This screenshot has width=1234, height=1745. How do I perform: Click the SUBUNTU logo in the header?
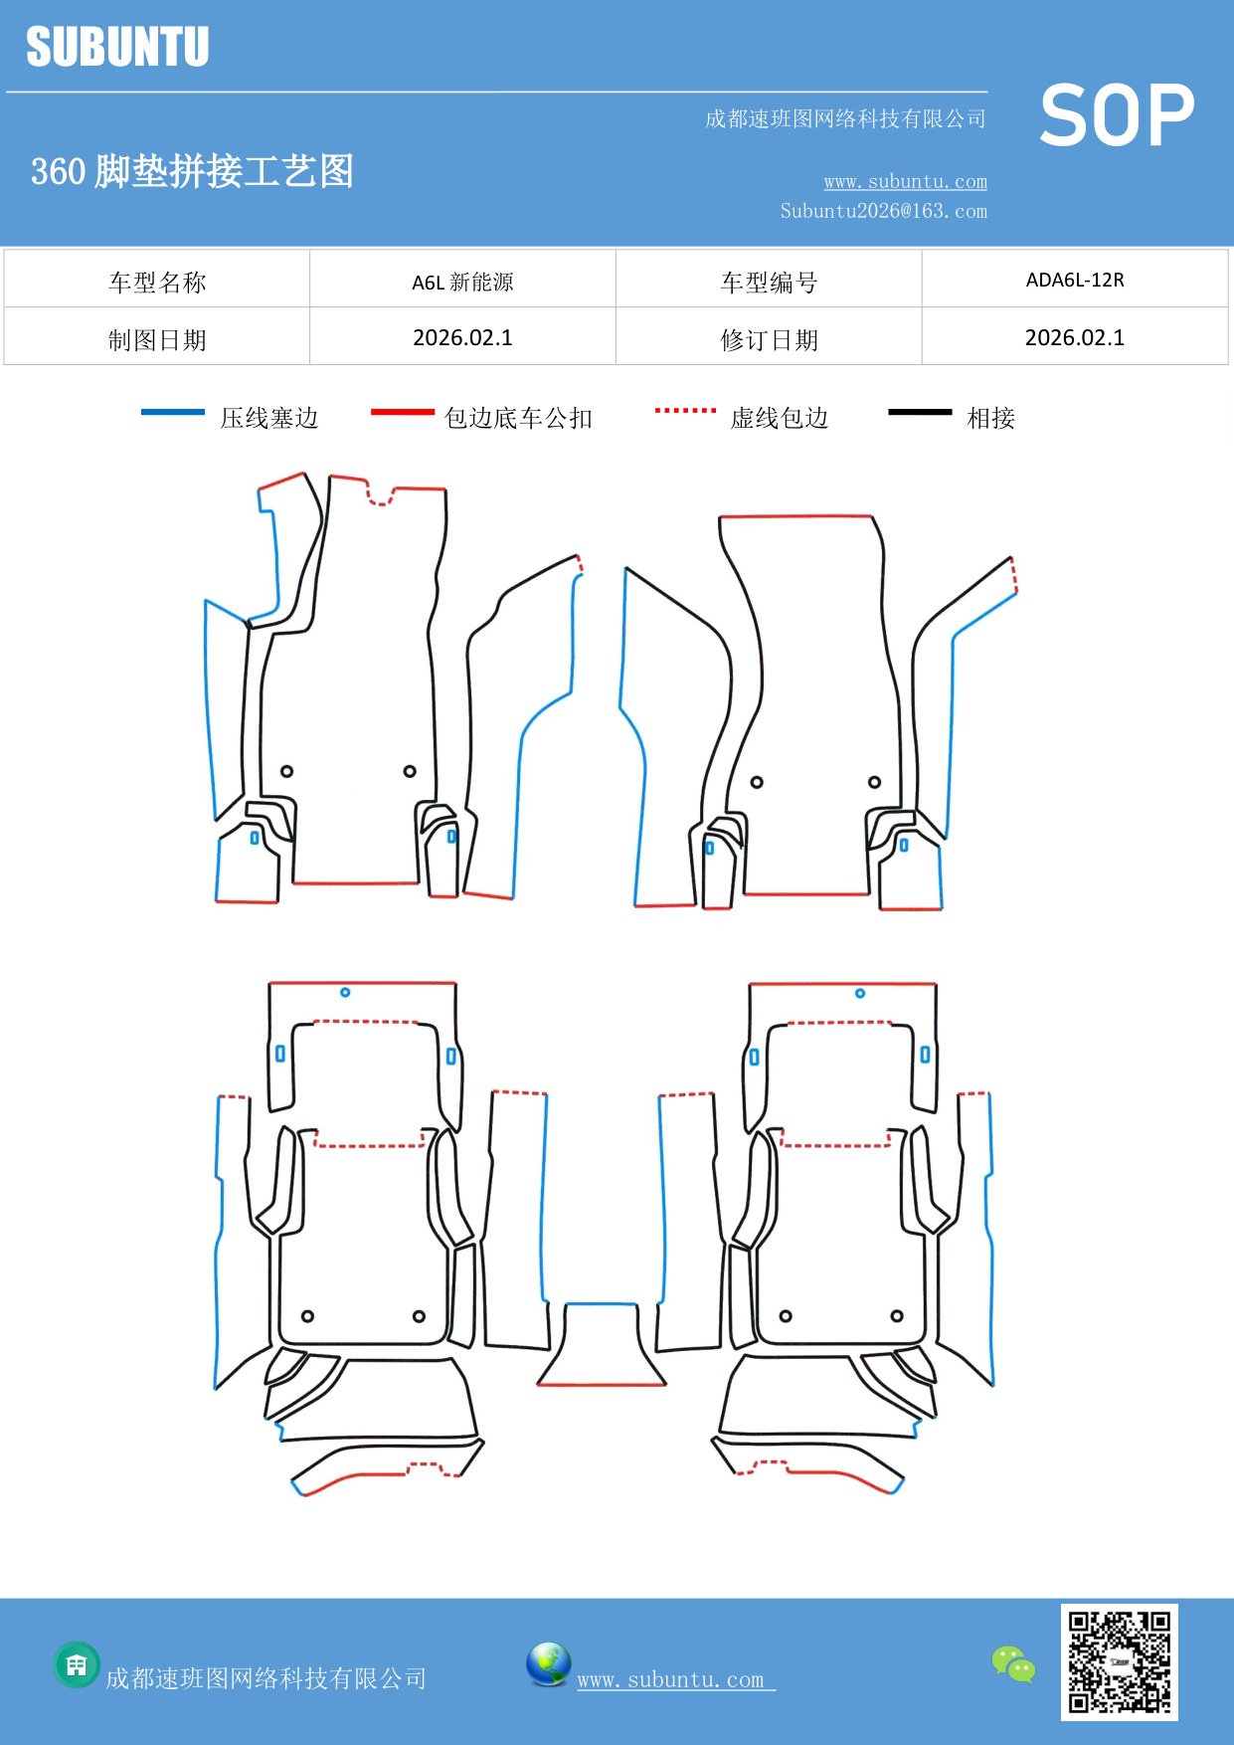coord(117,47)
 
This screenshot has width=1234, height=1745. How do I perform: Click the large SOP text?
coord(1116,115)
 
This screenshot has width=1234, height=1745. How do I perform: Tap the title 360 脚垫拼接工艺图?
coord(192,171)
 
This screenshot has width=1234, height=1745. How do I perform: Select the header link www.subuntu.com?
coord(905,181)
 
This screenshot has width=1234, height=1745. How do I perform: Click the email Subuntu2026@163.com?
coord(883,211)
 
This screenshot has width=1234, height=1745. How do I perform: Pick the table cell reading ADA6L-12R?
coord(1075,280)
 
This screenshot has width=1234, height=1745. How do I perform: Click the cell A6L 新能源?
coord(462,282)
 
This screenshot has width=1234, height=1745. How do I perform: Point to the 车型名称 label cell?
coord(157,282)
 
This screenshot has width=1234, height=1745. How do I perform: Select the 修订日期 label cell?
coord(769,339)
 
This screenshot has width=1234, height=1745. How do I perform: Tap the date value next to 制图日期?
coord(462,338)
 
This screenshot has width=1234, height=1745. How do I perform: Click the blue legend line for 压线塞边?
coord(173,412)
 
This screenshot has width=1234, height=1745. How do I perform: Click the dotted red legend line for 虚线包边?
coord(685,410)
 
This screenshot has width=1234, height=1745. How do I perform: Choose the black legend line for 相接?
coord(920,412)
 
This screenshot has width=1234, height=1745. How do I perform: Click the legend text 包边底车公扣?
coord(518,418)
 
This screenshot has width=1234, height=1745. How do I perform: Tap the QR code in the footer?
coord(1119,1661)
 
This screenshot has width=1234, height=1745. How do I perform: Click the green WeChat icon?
coord(1013,1663)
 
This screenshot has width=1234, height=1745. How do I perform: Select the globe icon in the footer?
coord(548,1663)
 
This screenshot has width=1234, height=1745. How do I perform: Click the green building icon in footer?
coord(77,1664)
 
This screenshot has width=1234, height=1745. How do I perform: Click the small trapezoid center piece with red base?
coord(601,1345)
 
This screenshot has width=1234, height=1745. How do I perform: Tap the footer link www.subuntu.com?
coord(671,1679)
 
